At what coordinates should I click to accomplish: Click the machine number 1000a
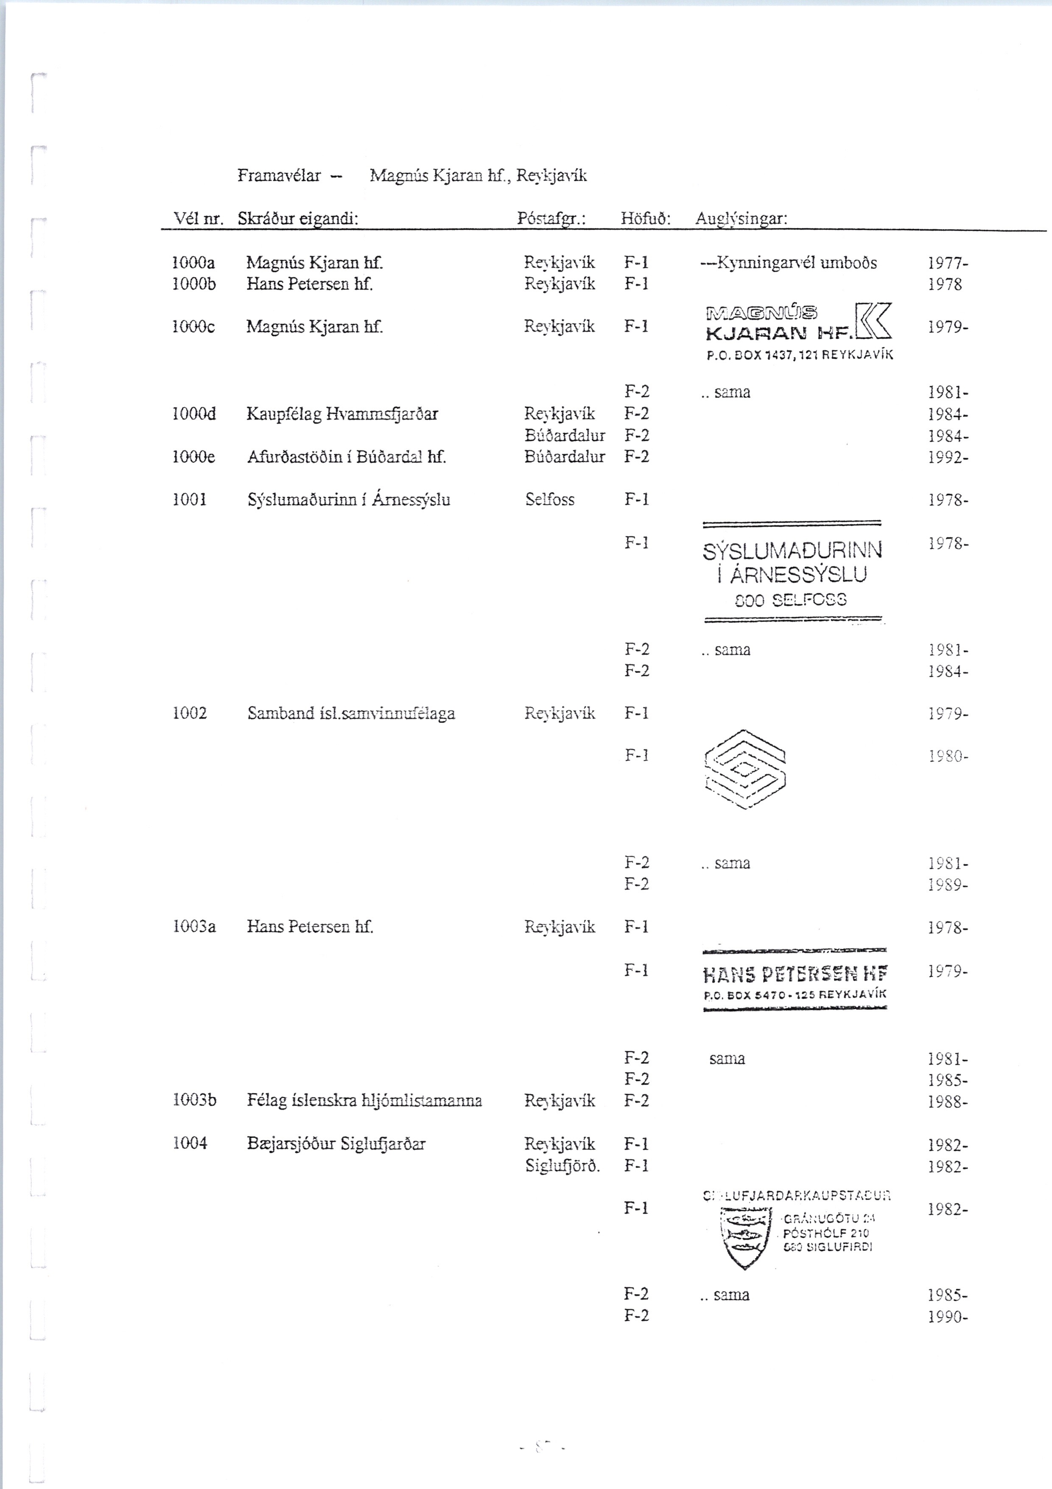pos(193,263)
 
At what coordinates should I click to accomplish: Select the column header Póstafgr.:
pos(551,219)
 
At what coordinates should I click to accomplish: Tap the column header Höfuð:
pos(645,219)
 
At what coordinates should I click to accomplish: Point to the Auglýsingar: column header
pos(741,219)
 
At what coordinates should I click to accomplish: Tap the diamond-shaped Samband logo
pos(745,769)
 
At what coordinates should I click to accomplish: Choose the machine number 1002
pos(189,714)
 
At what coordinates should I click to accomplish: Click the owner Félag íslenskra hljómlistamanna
pos(364,1101)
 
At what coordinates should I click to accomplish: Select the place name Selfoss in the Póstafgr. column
pos(550,499)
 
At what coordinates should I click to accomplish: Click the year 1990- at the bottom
pos(948,1317)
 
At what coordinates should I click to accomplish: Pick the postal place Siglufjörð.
pos(562,1166)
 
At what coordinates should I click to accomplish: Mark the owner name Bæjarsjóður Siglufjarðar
pos(336,1143)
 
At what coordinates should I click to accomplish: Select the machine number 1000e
pos(193,457)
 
